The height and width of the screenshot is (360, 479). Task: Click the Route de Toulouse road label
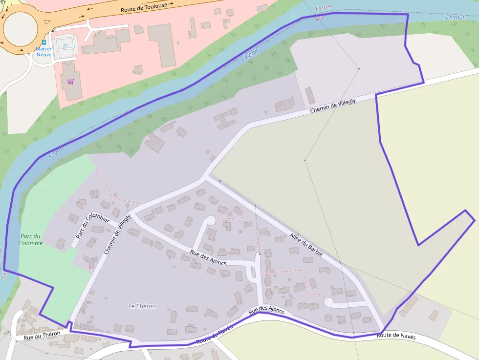tap(144, 7)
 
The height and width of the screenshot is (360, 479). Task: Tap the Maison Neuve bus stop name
tap(44, 51)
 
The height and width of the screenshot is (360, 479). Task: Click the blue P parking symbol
tap(66, 46)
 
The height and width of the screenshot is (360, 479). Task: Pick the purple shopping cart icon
tap(71, 81)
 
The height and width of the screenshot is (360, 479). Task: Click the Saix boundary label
tap(320, 18)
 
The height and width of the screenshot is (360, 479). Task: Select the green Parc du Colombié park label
tap(31, 239)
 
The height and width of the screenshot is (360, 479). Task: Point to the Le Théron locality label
tap(142, 306)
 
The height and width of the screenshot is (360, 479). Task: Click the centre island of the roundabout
tap(20, 28)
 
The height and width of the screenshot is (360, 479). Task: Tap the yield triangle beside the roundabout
tap(47, 21)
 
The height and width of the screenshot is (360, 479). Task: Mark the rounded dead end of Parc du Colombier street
tap(75, 243)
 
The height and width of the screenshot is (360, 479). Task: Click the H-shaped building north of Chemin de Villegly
tap(225, 118)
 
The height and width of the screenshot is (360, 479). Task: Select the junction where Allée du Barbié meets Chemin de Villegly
tap(205, 178)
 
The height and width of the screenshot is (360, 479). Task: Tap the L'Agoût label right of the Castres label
tap(455, 17)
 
